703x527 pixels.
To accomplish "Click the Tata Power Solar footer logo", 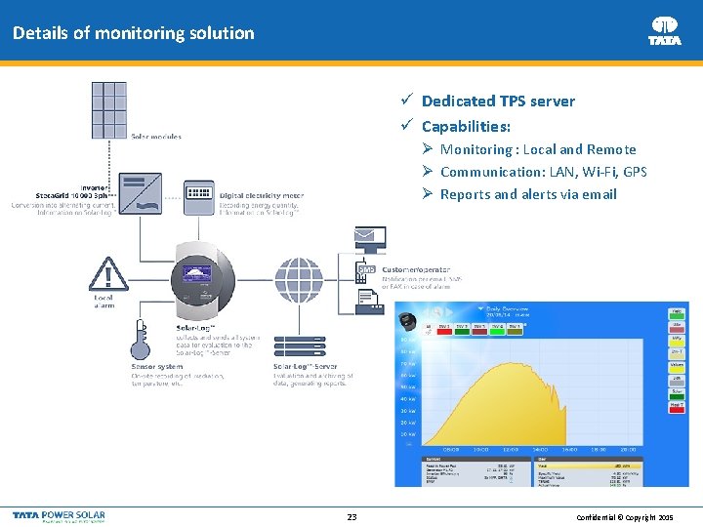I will (x=59, y=516).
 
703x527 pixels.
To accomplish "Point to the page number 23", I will (x=351, y=516).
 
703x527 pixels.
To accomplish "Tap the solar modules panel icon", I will (x=108, y=110).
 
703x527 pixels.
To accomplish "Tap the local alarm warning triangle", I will (x=103, y=272).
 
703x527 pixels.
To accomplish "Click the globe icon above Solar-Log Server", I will (x=299, y=280).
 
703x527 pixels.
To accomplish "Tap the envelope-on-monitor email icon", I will (x=370, y=237).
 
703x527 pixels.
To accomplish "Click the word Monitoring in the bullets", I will (x=476, y=149).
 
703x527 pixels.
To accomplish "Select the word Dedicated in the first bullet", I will (x=458, y=101).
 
